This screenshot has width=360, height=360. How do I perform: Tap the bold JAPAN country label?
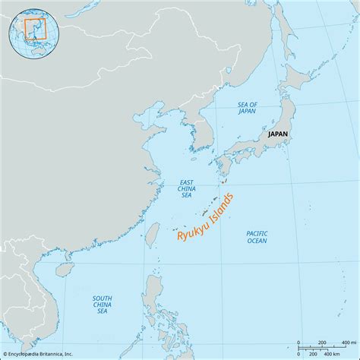(x=278, y=133)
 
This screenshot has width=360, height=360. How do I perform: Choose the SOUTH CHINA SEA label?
(x=103, y=305)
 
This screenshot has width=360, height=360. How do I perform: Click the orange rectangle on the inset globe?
(x=34, y=29)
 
